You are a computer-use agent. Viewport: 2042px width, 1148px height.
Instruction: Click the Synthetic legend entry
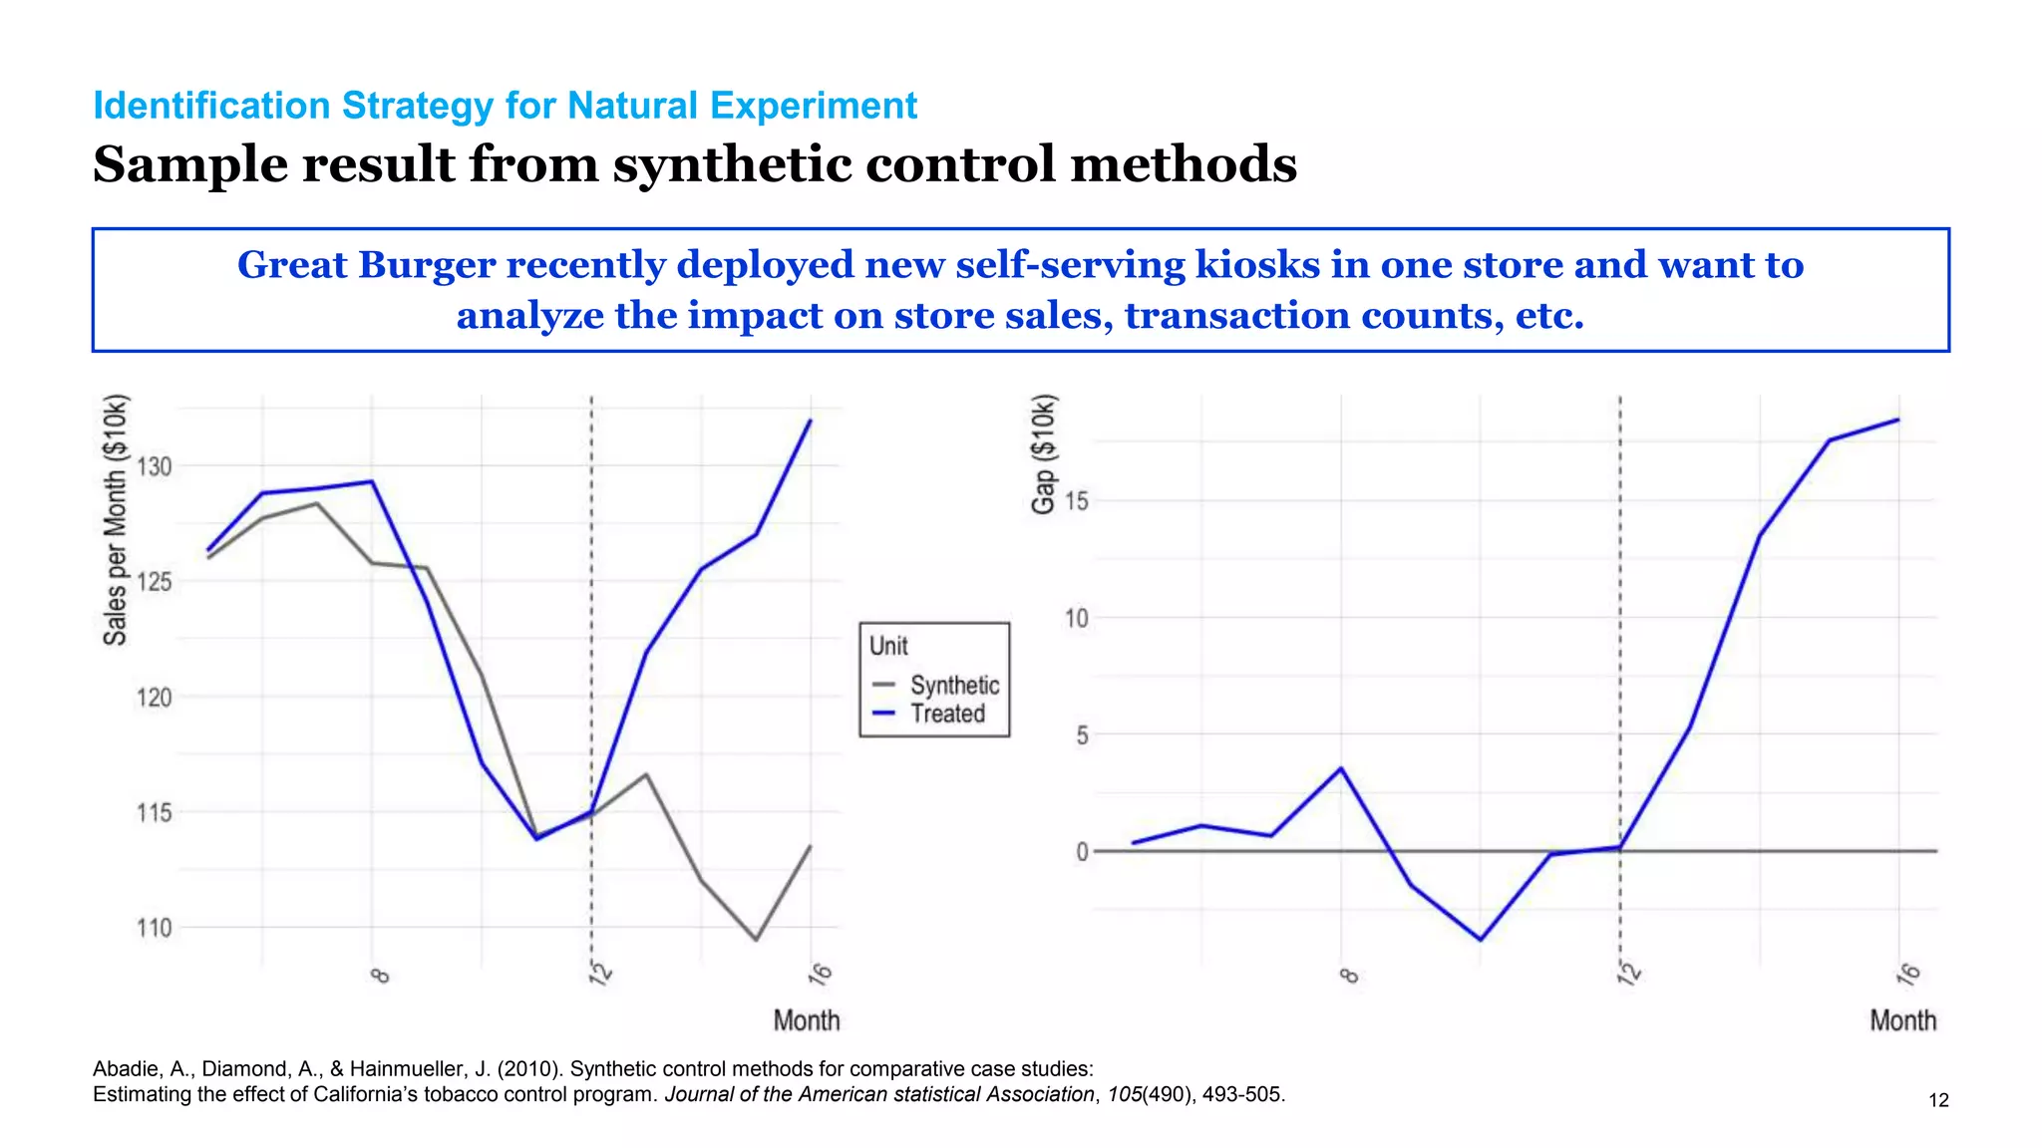tap(953, 686)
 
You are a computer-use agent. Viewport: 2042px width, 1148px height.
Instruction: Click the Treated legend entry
tap(946, 714)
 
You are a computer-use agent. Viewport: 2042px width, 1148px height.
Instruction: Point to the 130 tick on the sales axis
tap(155, 466)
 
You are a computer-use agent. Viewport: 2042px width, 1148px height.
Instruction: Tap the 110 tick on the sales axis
tap(155, 928)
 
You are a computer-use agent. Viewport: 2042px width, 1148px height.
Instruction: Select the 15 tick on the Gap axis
tap(1077, 501)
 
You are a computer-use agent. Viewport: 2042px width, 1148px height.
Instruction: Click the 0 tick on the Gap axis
tap(1083, 852)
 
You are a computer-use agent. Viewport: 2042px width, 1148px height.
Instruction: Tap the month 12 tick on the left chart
tap(599, 974)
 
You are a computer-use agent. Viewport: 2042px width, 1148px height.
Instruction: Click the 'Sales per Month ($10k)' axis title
tap(116, 520)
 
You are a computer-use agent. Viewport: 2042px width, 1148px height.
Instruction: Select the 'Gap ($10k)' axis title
tap(1043, 454)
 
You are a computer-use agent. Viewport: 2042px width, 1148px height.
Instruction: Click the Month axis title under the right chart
tap(1902, 1020)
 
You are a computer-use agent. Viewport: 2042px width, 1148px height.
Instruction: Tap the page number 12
tap(1938, 1100)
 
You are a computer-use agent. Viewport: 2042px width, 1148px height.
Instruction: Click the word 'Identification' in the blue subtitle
tap(210, 106)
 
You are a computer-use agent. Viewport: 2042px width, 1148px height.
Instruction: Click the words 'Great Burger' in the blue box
tap(366, 265)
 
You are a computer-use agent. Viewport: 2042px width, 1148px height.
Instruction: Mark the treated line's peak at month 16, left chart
tap(811, 421)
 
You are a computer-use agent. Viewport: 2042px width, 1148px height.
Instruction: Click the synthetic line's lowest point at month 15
tap(756, 939)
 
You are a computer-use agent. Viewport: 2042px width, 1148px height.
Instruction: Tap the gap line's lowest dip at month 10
tap(1481, 939)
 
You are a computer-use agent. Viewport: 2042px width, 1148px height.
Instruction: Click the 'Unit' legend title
tap(888, 646)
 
